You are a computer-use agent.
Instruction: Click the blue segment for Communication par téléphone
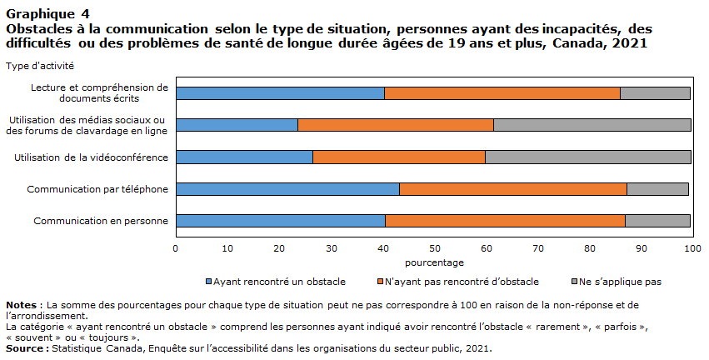287,189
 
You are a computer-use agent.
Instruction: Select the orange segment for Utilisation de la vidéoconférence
399,157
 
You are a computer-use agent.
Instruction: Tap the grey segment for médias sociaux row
592,125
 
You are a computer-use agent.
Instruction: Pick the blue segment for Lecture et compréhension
280,93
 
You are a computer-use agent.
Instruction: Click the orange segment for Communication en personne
505,221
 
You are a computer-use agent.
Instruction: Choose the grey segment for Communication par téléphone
658,189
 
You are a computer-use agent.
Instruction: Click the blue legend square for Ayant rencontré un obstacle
208,282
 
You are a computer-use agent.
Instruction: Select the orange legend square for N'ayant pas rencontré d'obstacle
380,282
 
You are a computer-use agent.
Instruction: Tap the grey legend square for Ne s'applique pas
575,282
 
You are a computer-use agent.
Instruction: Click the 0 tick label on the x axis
176,248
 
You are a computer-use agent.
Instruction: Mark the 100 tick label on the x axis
692,248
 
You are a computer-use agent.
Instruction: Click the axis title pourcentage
434,262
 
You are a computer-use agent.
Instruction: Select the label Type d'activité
40,66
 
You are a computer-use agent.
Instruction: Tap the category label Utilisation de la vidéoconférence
91,157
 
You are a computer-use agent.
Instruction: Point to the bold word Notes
22,305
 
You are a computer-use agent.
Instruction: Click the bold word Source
24,348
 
